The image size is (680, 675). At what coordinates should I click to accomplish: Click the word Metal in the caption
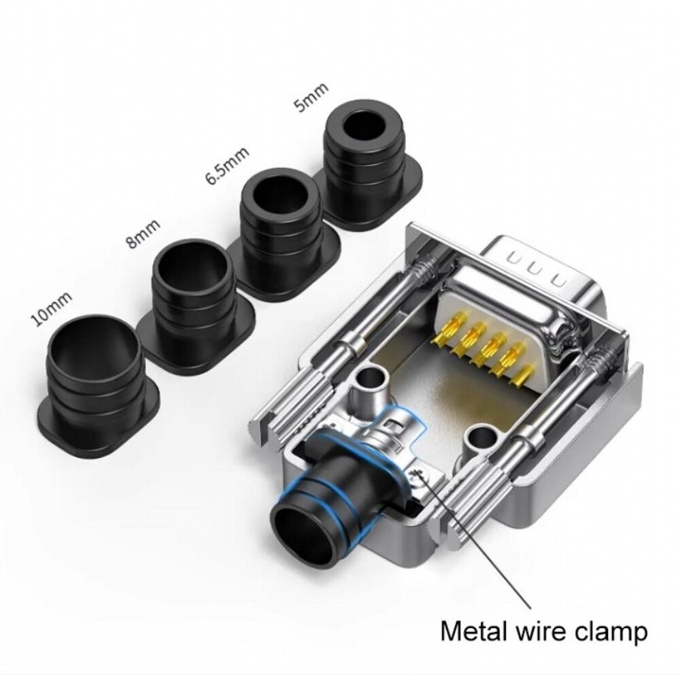coord(473,632)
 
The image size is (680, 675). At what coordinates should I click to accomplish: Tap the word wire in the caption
coord(541,632)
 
